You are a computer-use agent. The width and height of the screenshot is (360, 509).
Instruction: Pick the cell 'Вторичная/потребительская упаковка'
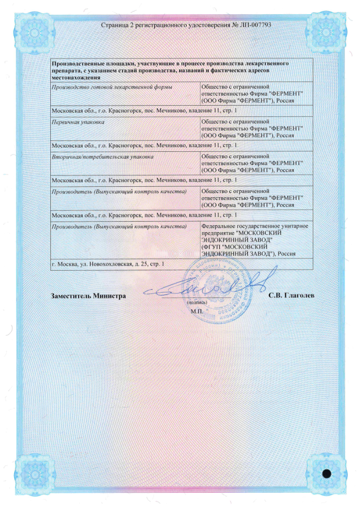point(102,156)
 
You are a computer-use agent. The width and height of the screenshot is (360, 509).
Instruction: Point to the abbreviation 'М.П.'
point(195,312)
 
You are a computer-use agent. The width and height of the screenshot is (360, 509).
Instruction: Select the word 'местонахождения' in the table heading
point(75,77)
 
